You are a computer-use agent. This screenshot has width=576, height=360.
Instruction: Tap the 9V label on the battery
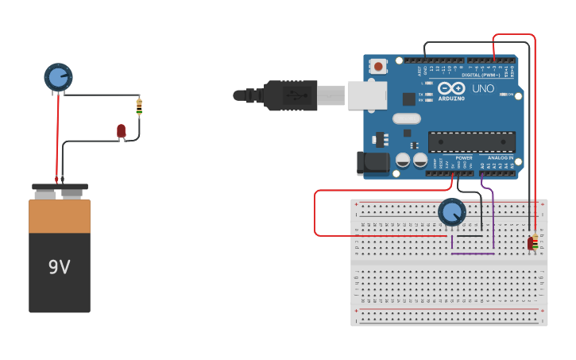[x=59, y=267]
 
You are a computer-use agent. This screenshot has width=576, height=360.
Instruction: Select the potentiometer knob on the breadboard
[x=451, y=212]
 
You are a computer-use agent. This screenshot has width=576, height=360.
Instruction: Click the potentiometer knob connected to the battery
[x=58, y=77]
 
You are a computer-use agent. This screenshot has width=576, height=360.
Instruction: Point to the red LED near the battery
[x=121, y=130]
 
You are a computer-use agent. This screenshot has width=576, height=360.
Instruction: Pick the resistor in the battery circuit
[x=139, y=106]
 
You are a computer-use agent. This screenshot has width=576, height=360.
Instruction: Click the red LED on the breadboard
[x=531, y=243]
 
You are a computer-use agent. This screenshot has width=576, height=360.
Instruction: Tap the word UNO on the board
[x=482, y=88]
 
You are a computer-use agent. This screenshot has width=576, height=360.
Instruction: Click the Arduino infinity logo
[x=450, y=88]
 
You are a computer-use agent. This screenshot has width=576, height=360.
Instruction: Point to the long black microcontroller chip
[x=471, y=141]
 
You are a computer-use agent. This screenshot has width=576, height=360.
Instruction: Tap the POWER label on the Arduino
[x=464, y=157]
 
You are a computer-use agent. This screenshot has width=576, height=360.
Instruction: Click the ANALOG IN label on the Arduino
[x=501, y=157]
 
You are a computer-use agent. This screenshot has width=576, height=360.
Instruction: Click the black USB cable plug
[x=290, y=95]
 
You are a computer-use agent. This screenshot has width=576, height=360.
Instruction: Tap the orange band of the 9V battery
[x=60, y=216]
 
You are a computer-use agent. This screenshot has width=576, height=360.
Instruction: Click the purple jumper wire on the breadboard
[x=493, y=223]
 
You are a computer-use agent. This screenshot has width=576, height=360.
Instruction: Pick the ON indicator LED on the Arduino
[x=504, y=95]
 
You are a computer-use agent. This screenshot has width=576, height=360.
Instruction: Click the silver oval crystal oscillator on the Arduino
[x=406, y=119]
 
